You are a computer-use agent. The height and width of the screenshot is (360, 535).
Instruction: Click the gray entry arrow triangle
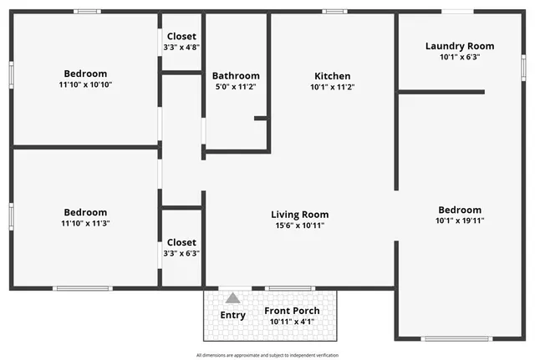[232, 298]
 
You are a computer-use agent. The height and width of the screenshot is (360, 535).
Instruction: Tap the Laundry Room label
[460, 46]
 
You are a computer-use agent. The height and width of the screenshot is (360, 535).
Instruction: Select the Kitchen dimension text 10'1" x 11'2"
[333, 87]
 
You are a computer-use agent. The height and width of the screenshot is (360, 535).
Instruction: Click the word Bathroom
[236, 76]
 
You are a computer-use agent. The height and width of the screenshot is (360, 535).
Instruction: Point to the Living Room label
[300, 215]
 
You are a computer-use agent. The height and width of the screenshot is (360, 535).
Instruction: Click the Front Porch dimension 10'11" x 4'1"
[292, 322]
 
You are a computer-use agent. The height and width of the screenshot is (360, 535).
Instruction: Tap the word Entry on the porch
[232, 315]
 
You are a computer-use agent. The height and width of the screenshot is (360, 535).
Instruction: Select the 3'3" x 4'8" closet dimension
[181, 47]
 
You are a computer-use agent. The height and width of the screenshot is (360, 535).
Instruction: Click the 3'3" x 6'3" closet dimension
[181, 253]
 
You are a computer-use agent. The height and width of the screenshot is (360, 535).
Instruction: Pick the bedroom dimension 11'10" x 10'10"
[85, 84]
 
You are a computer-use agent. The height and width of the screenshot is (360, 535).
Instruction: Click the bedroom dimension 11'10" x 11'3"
[85, 223]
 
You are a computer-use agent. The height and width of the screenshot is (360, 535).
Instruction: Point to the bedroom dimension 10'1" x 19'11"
[460, 221]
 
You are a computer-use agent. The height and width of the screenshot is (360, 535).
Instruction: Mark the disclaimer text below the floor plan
[267, 355]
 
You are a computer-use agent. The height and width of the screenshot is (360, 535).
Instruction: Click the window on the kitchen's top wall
[334, 12]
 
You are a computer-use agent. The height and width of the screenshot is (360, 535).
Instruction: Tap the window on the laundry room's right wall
[524, 68]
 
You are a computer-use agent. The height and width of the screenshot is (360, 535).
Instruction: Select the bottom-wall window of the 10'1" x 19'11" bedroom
[456, 338]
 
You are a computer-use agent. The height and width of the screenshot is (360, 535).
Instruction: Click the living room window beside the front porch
[290, 288]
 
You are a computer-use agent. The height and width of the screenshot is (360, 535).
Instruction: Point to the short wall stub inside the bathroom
[261, 119]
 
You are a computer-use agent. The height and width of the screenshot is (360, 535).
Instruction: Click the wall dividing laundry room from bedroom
[441, 92]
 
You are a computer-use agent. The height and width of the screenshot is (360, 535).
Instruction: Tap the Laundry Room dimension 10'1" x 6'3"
[460, 57]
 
